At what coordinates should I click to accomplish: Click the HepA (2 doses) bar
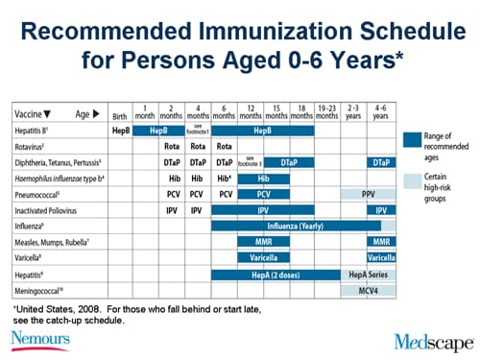click(276, 275)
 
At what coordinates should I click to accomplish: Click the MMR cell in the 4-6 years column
click(381, 242)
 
